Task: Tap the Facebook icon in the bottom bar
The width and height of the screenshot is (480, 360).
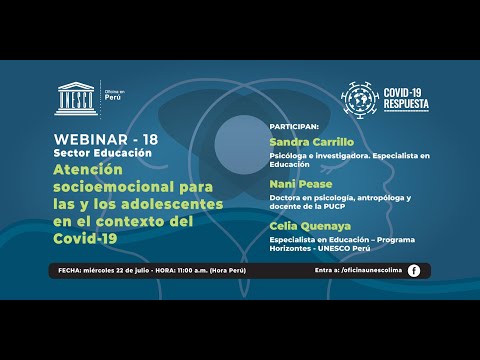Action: tap(414, 270)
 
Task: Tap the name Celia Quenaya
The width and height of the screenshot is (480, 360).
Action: tap(308, 226)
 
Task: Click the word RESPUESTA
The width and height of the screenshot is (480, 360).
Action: tap(410, 103)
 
